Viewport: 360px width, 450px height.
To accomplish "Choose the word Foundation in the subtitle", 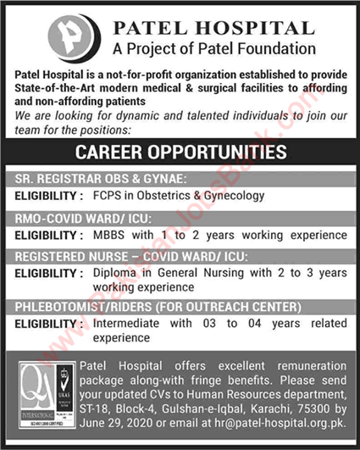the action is (x=274, y=49).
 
